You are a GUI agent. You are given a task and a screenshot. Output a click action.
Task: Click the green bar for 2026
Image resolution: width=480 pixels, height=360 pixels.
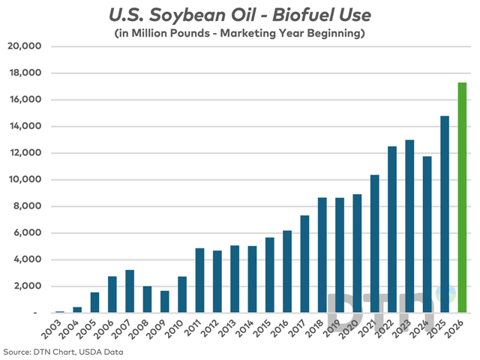(x=462, y=197)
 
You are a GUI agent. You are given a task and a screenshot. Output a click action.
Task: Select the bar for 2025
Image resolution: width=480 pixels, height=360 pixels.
(x=445, y=214)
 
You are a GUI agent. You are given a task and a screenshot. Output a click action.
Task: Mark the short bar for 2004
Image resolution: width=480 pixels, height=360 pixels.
(x=77, y=310)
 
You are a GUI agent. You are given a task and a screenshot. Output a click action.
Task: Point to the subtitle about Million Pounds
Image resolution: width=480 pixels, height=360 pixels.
(x=240, y=33)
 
